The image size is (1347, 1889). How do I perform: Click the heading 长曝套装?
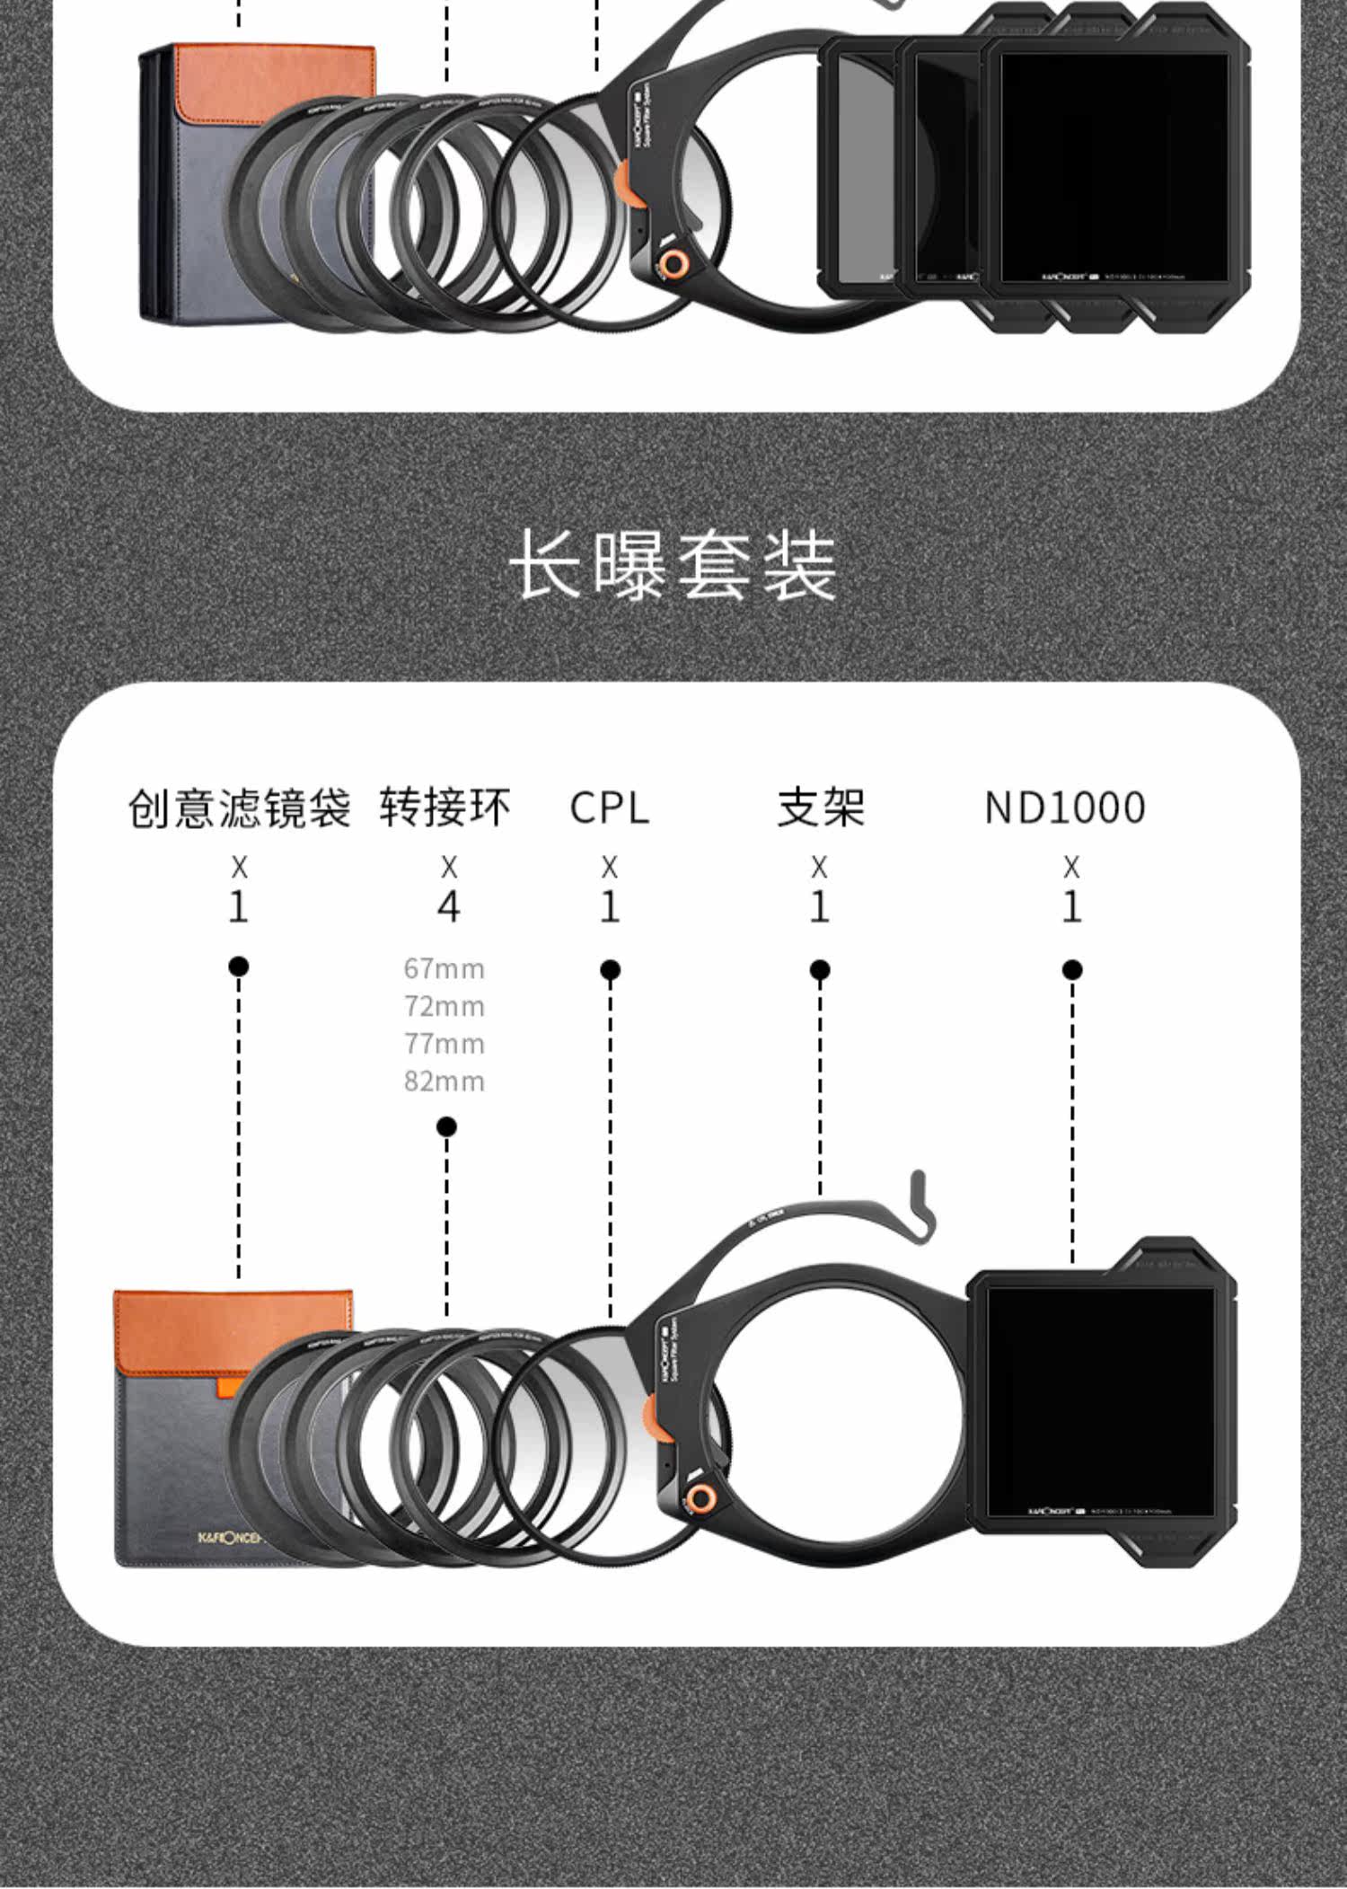tap(673, 565)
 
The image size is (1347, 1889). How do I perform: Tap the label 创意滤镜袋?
tap(239, 808)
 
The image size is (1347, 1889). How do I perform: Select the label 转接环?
tap(445, 808)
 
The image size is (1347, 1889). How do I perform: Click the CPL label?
tap(609, 808)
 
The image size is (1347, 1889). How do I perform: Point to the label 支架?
tap(821, 808)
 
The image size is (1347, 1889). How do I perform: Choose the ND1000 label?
tap(1065, 808)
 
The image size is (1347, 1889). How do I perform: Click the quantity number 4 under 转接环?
tap(448, 906)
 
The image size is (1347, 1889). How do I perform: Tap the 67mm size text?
tap(445, 968)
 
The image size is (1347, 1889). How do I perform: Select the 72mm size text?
tap(445, 1006)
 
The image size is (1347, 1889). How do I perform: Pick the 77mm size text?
tap(445, 1044)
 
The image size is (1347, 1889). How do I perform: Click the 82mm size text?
tap(445, 1081)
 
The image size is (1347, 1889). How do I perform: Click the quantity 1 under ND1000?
tap(1071, 906)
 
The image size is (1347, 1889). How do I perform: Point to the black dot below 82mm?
tap(446, 1126)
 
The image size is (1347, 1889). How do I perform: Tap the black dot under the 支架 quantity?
tap(819, 970)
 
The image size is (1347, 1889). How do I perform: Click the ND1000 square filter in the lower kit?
tap(1100, 1401)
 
